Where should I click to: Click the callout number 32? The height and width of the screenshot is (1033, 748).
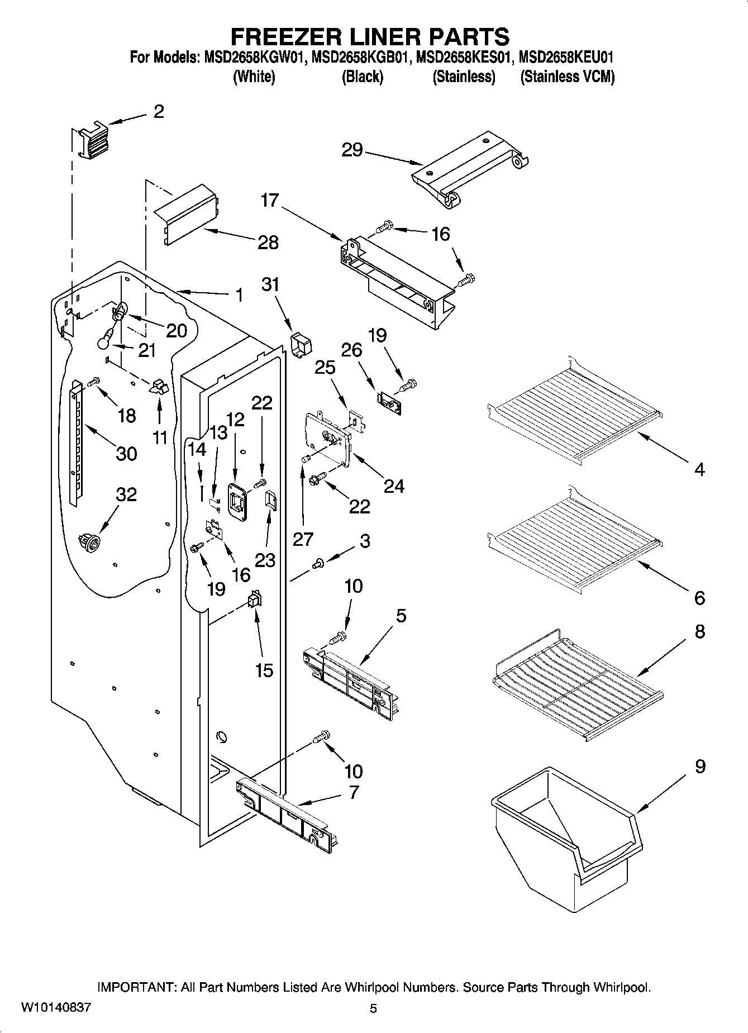pyautogui.click(x=126, y=494)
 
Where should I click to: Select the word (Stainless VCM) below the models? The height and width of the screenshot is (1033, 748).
pyautogui.click(x=567, y=77)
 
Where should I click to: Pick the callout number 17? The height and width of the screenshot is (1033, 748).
pyautogui.click(x=270, y=200)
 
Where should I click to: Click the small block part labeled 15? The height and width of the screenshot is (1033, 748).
pyautogui.click(x=254, y=601)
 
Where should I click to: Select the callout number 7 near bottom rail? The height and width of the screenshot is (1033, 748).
pyautogui.click(x=353, y=792)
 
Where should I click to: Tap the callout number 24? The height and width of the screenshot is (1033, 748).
pyautogui.click(x=393, y=486)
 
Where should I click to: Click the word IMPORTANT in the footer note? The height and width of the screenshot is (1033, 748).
pyautogui.click(x=136, y=987)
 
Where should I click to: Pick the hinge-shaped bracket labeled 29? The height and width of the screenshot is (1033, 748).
pyautogui.click(x=469, y=168)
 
